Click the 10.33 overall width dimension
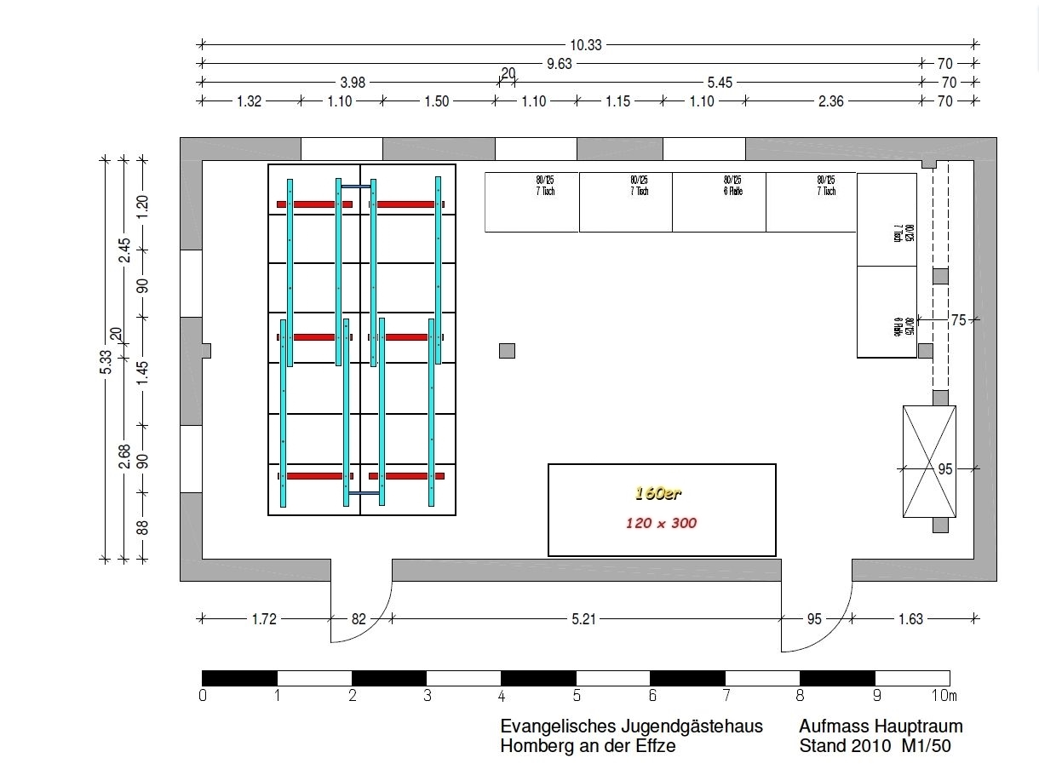pyautogui.click(x=585, y=45)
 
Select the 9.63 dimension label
pyautogui.click(x=559, y=64)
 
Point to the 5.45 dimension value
pyautogui.click(x=719, y=83)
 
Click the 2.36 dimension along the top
pyautogui.click(x=830, y=101)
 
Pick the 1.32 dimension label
pyautogui.click(x=248, y=101)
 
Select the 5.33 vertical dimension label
pyautogui.click(x=106, y=361)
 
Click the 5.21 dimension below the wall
pyautogui.click(x=583, y=619)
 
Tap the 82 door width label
pyautogui.click(x=359, y=619)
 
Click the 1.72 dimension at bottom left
pyautogui.click(x=264, y=619)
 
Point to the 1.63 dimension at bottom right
pyautogui.click(x=910, y=619)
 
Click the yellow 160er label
pyautogui.click(x=658, y=493)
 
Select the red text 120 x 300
pyautogui.click(x=661, y=523)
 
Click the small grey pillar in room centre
pyautogui.click(x=507, y=350)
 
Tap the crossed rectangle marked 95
pyautogui.click(x=929, y=462)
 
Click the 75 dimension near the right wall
pyautogui.click(x=958, y=320)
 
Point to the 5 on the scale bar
pyautogui.click(x=577, y=696)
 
